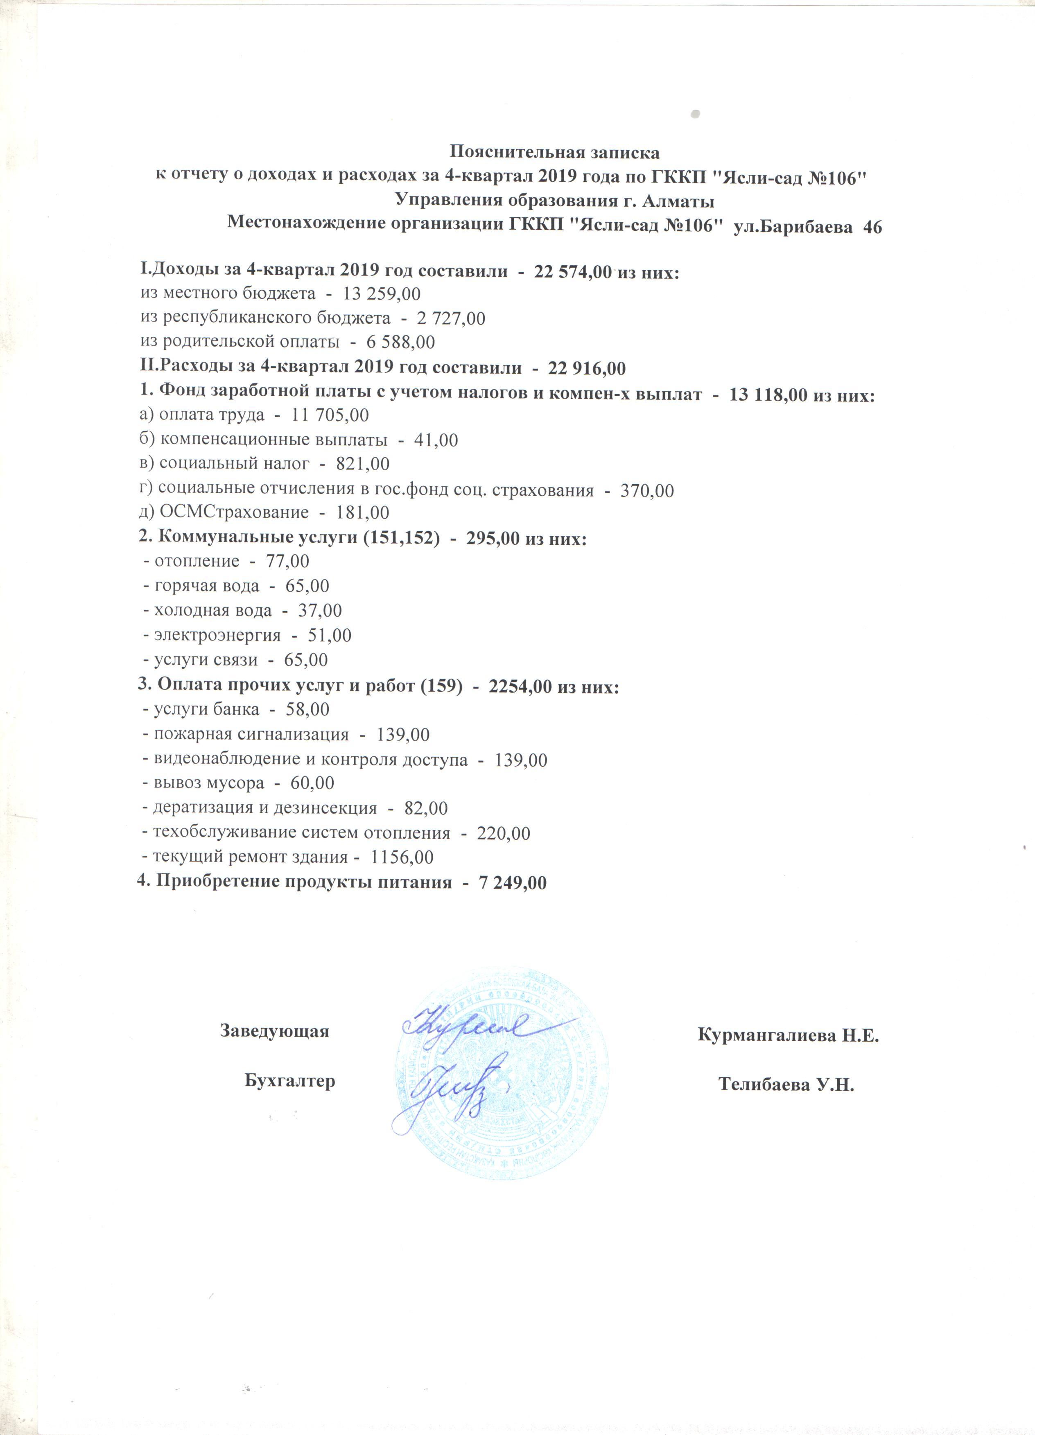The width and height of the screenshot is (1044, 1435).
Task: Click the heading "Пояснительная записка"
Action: pyautogui.click(x=554, y=153)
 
